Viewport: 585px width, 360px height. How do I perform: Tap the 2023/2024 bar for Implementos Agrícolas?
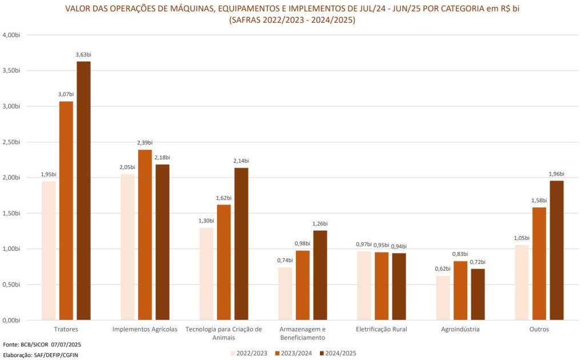tap(145, 235)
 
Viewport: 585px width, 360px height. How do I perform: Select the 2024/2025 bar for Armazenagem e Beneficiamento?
tap(320, 275)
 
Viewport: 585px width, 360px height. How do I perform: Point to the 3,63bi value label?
tap(83, 55)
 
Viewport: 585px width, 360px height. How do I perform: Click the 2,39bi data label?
tap(145, 143)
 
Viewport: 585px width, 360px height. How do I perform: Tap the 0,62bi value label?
tap(443, 269)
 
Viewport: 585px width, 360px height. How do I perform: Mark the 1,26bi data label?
tap(320, 223)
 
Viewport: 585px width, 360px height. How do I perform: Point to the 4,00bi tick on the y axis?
tap(11, 35)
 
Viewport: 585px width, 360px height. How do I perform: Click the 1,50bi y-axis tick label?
tap(11, 213)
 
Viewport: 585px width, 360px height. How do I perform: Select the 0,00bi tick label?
tap(11, 320)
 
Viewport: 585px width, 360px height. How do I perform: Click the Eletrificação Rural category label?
tap(381, 330)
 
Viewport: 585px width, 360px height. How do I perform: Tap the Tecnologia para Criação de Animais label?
tap(224, 333)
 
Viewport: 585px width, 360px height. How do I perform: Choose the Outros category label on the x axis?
tap(539, 330)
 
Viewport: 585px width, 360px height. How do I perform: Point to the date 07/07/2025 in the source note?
tap(67, 345)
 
